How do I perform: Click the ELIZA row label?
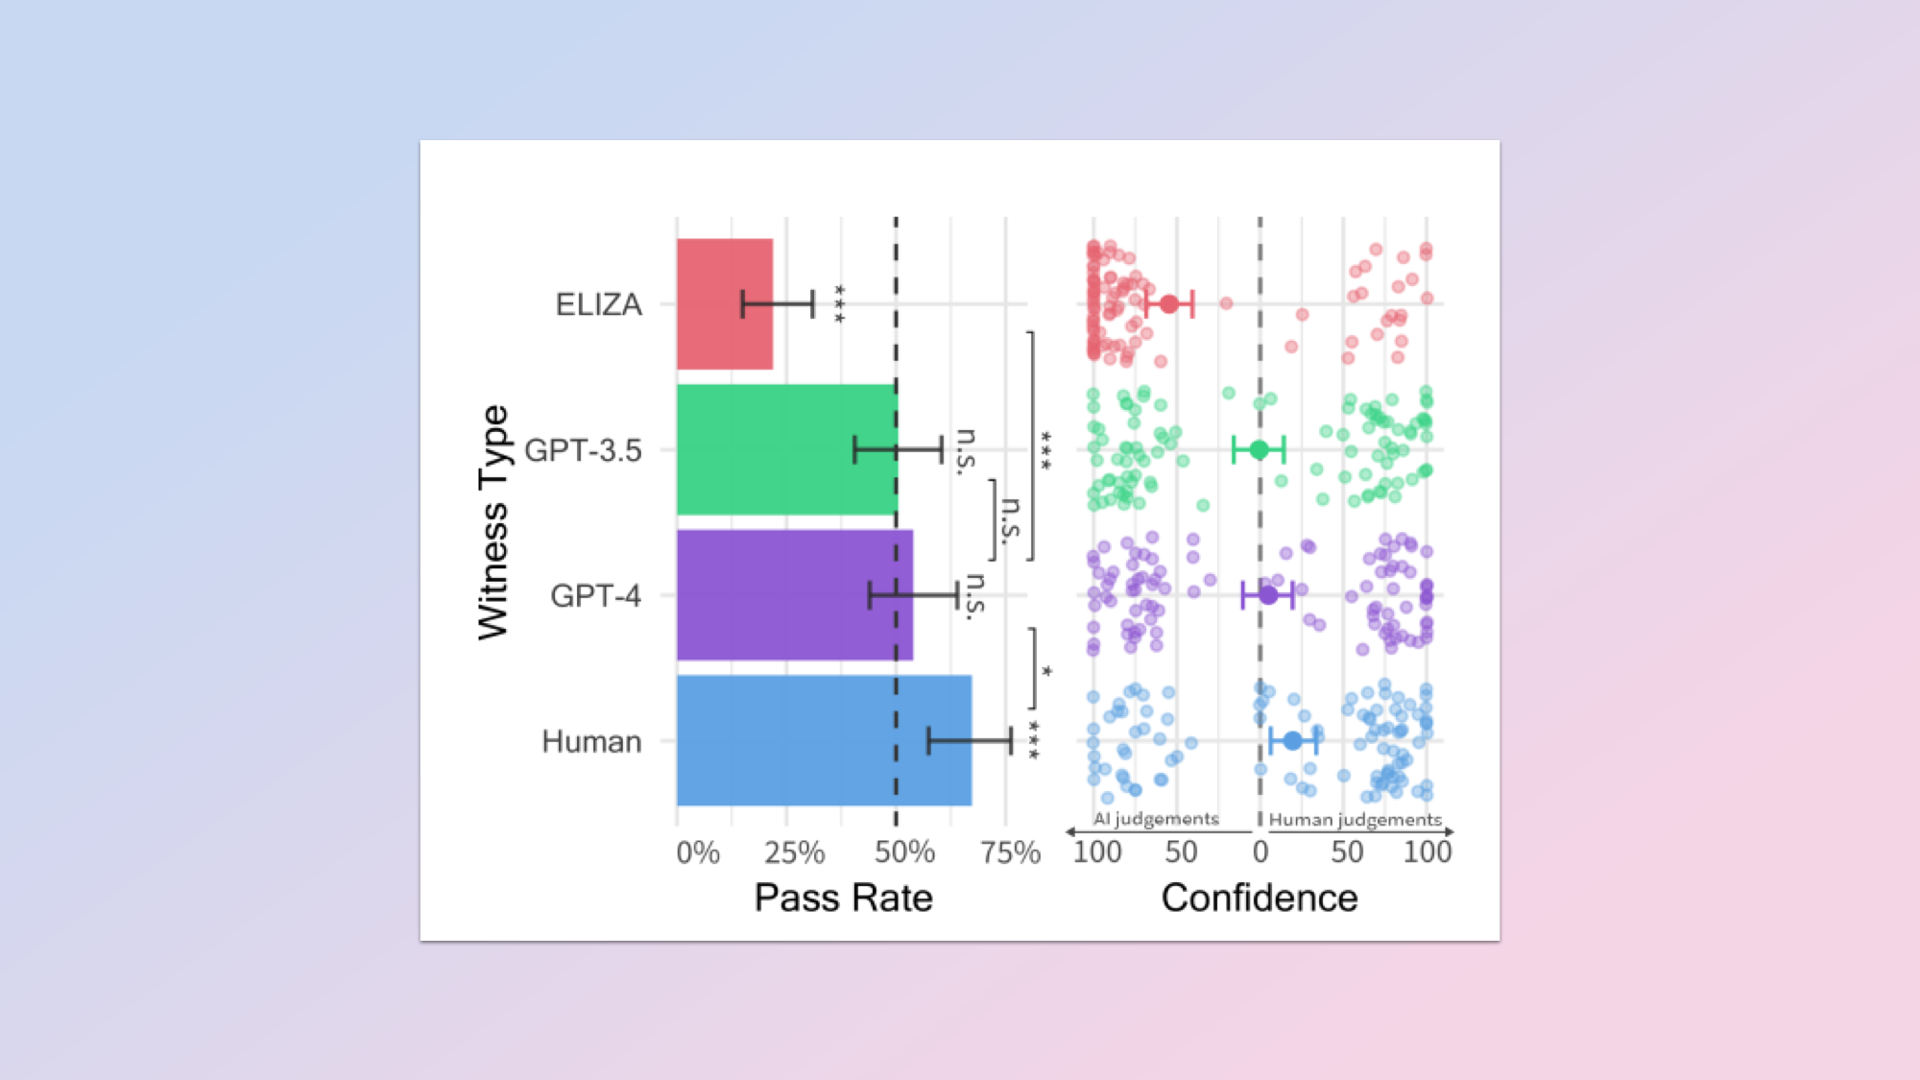pos(598,304)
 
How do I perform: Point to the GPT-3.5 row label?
pos(583,450)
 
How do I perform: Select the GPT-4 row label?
pos(595,596)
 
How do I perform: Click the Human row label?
pos(591,741)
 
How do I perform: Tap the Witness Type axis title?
pos(493,522)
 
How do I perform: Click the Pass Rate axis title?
pos(843,898)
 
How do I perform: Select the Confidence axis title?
pos(1260,898)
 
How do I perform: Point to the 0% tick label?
pos(698,852)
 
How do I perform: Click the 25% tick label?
pos(794,852)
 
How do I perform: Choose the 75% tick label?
pos(1010,852)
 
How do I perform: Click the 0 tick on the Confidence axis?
pos(1260,852)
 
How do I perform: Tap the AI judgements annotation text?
pos(1156,819)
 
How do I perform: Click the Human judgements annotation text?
pos(1355,820)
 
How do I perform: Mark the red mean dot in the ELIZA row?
pos(1169,304)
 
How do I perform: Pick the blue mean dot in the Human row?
pos(1292,741)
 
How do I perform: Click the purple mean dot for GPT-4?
pos(1268,595)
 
